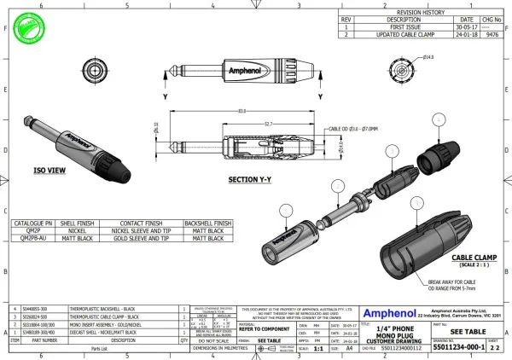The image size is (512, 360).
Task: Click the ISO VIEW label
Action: click(x=49, y=171)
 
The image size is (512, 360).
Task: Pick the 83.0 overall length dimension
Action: click(x=242, y=111)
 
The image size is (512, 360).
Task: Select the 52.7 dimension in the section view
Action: click(x=268, y=125)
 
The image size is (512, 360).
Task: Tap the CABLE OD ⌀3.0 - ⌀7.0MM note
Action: click(x=352, y=128)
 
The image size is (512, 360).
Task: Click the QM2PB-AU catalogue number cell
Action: click(x=32, y=239)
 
